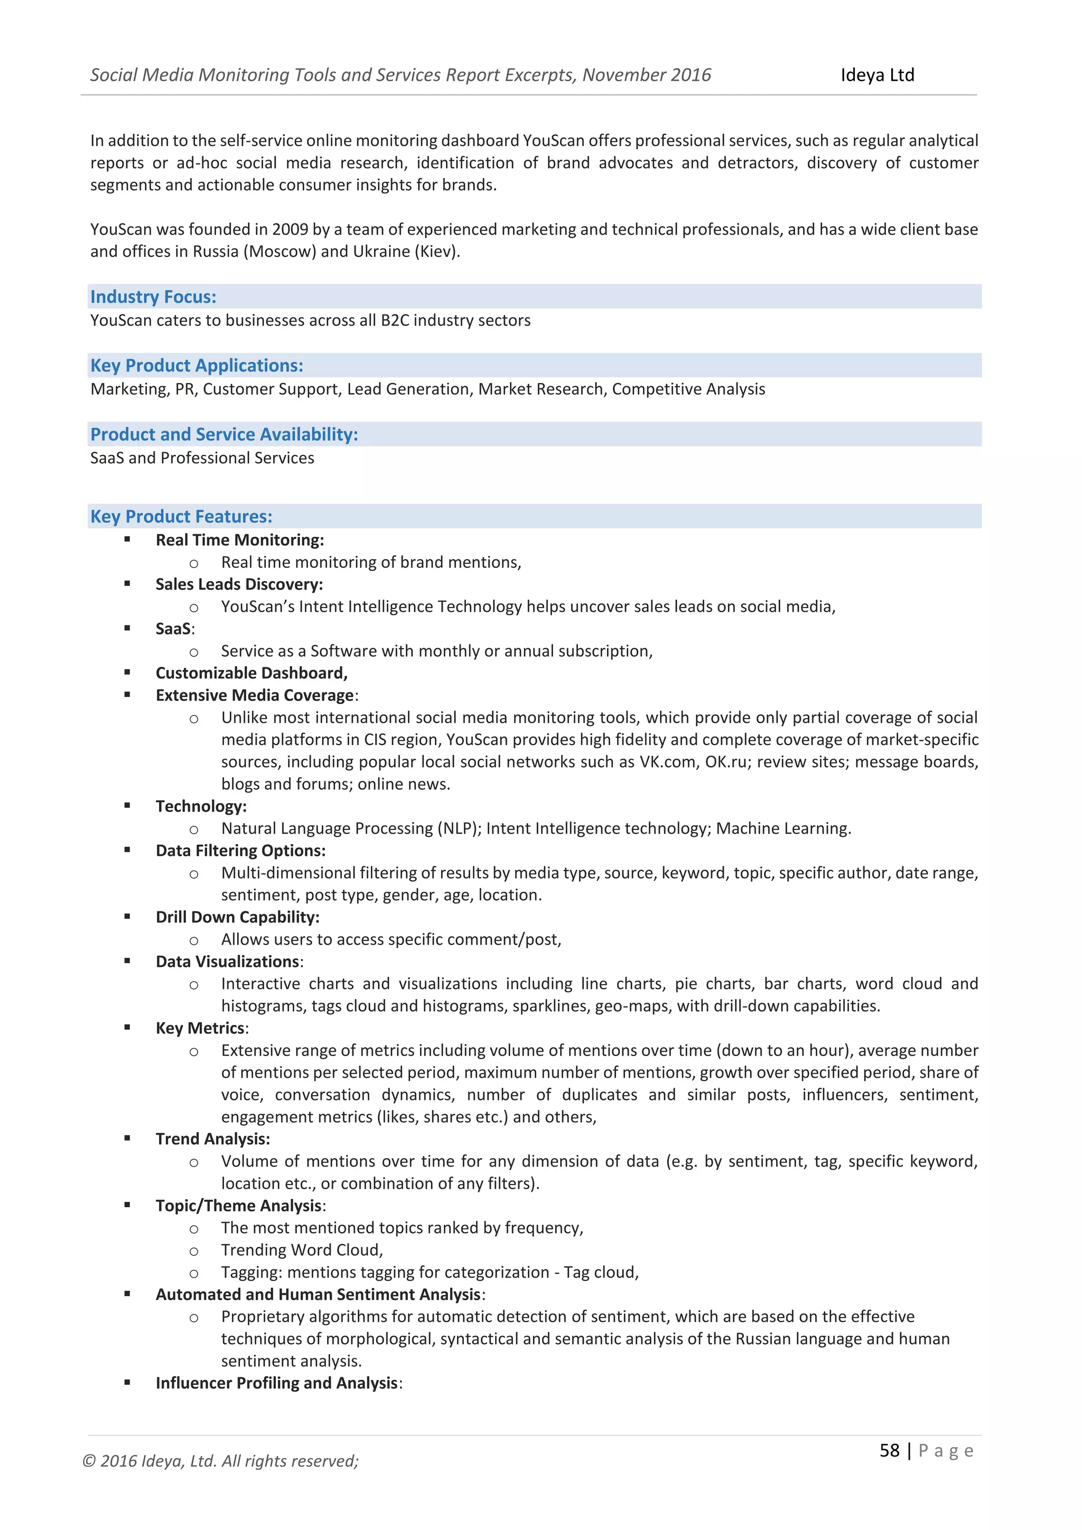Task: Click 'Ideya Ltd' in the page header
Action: [877, 76]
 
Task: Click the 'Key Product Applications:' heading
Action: [197, 365]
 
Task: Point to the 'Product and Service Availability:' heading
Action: [224, 434]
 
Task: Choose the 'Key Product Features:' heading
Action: [181, 517]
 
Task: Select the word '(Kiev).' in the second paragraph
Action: [439, 251]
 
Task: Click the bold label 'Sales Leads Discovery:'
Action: [239, 584]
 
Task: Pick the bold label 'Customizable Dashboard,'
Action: [251, 673]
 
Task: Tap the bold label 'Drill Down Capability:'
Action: [237, 917]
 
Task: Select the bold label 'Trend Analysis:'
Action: [212, 1139]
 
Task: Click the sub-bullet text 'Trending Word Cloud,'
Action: [302, 1250]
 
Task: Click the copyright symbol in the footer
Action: [89, 1461]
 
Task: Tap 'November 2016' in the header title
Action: [646, 76]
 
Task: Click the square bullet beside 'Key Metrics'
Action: [127, 1028]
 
